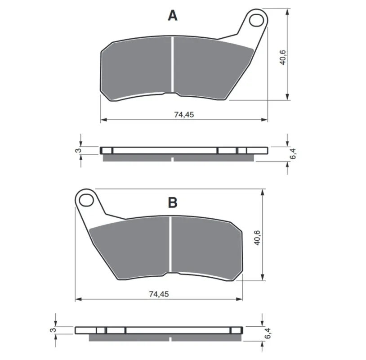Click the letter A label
click(173, 16)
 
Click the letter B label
click(173, 202)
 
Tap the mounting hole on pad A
click(256, 20)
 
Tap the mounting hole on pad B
click(86, 200)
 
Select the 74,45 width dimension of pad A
click(184, 114)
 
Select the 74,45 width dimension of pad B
click(159, 294)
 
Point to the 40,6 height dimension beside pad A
click(282, 57)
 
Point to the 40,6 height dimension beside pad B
click(257, 238)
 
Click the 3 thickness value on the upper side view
click(78, 150)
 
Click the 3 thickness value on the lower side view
click(53, 330)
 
